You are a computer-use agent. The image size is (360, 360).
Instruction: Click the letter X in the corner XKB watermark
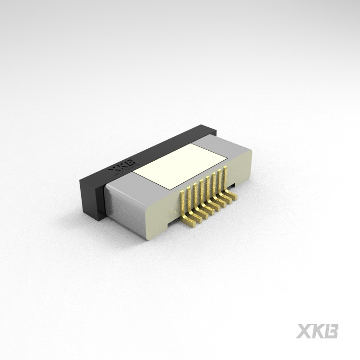[x=304, y=331]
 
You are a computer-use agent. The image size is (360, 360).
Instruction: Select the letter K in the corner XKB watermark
[x=318, y=331]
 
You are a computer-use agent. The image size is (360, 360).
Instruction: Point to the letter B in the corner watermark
[x=332, y=331]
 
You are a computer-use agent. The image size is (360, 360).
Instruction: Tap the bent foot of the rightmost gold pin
[x=233, y=196]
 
